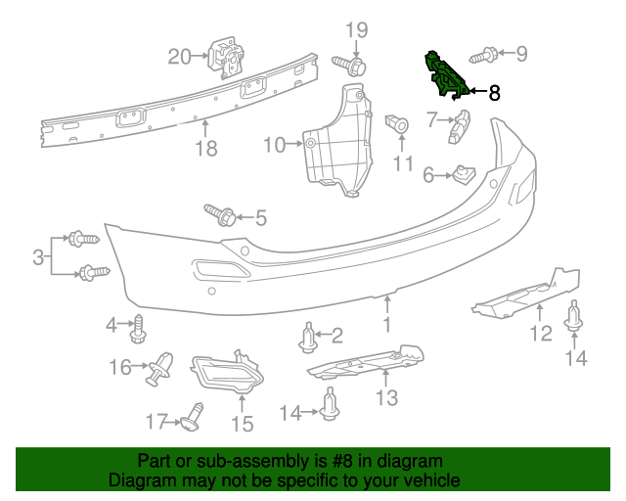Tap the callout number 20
tap(180, 57)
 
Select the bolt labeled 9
tap(484, 53)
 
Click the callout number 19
tap(355, 28)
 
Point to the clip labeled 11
tap(397, 123)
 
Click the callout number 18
tap(205, 149)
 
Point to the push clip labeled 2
tap(309, 339)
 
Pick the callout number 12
tap(541, 335)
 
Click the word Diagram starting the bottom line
tap(140, 480)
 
